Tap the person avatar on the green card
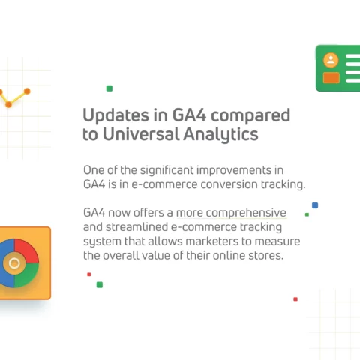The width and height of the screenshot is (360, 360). (x=331, y=60)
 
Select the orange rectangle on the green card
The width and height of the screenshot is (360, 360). (x=331, y=77)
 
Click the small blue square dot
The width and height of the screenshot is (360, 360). (x=315, y=205)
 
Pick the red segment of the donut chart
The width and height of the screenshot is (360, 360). (x=25, y=251)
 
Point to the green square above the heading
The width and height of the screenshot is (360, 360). (x=109, y=88)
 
